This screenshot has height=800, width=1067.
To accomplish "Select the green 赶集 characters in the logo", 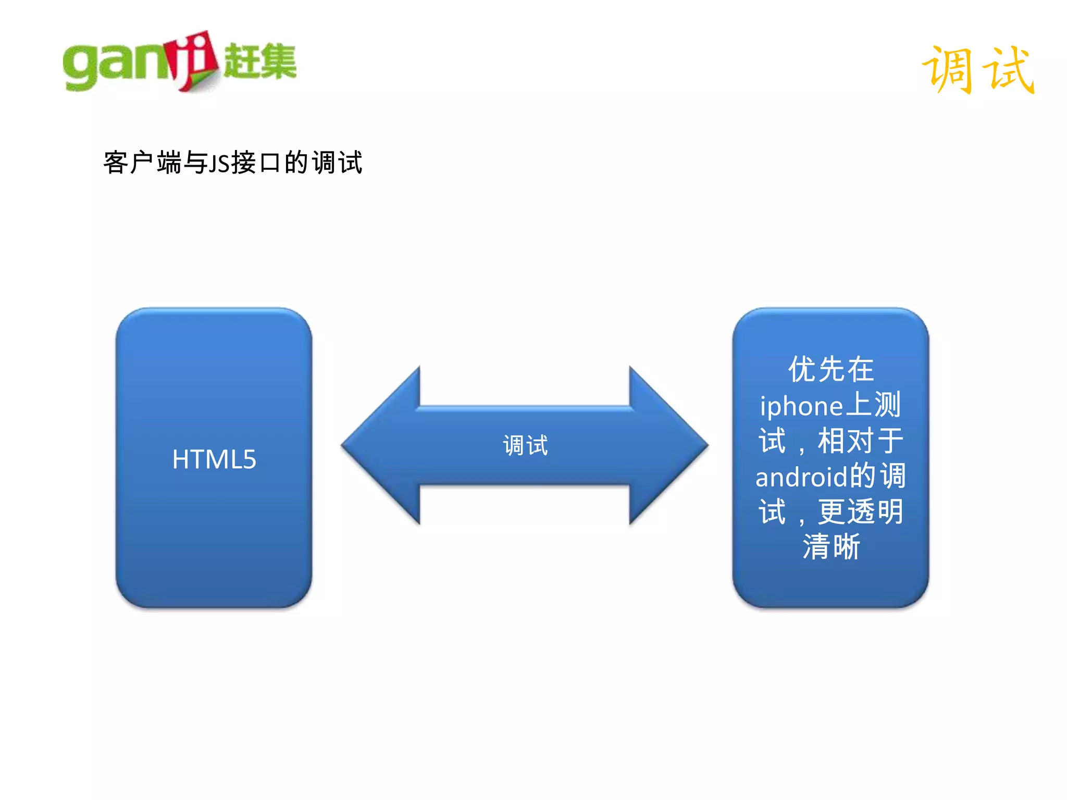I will coord(259,61).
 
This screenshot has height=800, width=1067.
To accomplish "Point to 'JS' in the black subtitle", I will coord(219,164).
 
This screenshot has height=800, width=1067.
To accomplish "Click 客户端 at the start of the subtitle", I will coord(142,162).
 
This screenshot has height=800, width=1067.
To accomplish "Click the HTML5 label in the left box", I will coord(214,459).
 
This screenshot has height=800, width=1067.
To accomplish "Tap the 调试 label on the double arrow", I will coord(525,445).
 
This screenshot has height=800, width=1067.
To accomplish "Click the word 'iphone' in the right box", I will coord(801,406).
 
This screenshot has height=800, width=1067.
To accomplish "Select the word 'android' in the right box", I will coord(801,477).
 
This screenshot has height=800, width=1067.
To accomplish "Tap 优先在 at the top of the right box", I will coord(830,370).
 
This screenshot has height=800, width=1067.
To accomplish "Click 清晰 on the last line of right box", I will coord(830,547).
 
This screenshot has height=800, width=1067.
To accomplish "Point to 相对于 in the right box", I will coord(860,441).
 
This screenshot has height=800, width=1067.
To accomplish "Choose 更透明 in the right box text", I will coord(860,512).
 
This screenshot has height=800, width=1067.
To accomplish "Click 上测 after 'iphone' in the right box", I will coord(873,405).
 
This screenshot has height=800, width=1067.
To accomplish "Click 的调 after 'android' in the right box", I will coord(878,476).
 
